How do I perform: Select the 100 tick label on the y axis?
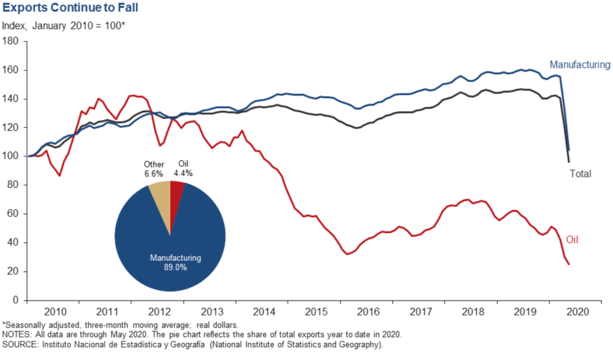pyautogui.click(x=12, y=156)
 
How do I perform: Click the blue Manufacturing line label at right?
pyautogui.click(x=579, y=64)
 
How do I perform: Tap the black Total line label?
pyautogui.click(x=581, y=174)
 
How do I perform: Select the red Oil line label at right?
pyautogui.click(x=571, y=240)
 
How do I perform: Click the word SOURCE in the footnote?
pyautogui.click(x=18, y=344)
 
